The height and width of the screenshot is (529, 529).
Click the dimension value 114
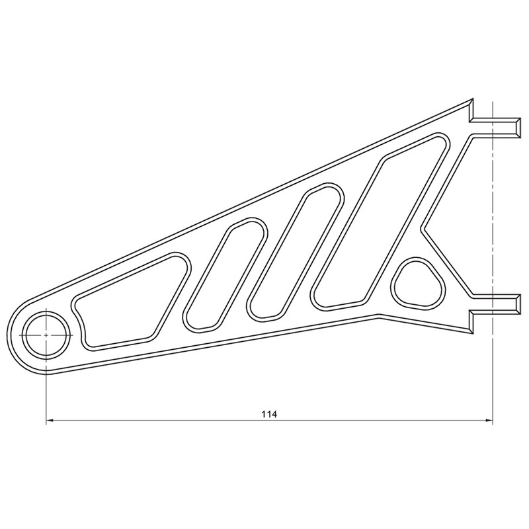[268, 414]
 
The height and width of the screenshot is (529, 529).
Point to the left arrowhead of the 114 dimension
[50, 420]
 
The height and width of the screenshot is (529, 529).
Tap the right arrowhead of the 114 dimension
[489, 420]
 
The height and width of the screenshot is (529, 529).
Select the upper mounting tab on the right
[496, 126]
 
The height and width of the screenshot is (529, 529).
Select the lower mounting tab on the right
[496, 304]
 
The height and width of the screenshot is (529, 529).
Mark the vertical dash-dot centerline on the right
[493, 212]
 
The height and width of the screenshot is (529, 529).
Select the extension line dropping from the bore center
[46, 390]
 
